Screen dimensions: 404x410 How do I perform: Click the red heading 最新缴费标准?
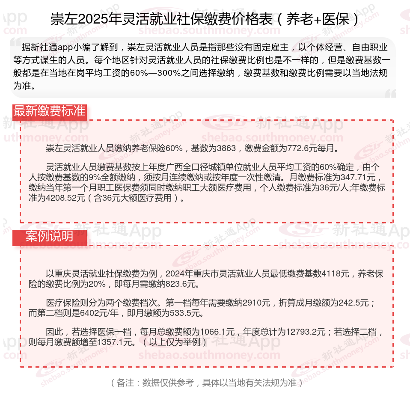pos(49,111)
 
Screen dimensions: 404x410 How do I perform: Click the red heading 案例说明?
pos(49,236)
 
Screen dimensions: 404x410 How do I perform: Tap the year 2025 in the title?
pos(94,19)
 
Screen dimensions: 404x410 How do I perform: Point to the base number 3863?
pos(226,149)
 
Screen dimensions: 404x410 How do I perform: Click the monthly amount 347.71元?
pos(360,177)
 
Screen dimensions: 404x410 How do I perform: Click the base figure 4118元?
pos(335,274)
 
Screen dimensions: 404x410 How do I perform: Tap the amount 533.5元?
pos(184,313)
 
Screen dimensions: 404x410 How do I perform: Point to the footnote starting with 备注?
pos(205,383)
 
